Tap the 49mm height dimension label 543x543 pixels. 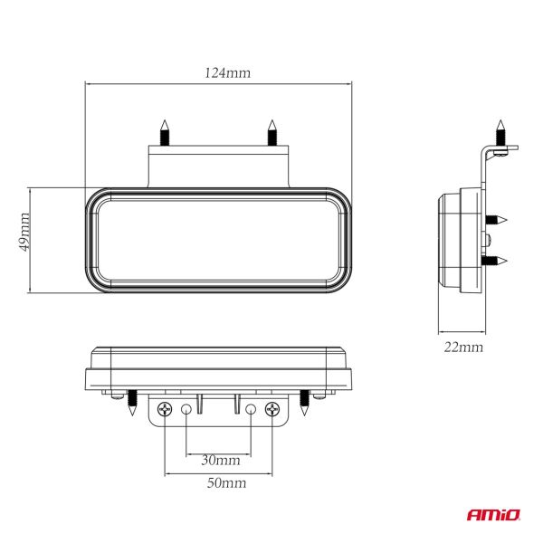pos(25,231)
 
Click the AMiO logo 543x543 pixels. pos(494,516)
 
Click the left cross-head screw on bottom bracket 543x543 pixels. pos(165,409)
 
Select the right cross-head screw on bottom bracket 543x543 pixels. pos(271,409)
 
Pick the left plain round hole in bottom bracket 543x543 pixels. pos(186,409)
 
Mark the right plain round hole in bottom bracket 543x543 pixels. pos(250,409)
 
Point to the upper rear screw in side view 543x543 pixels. pos(497,220)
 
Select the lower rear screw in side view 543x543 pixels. pos(497,262)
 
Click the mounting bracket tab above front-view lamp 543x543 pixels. pos(218,167)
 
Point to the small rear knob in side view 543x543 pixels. pos(488,240)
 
